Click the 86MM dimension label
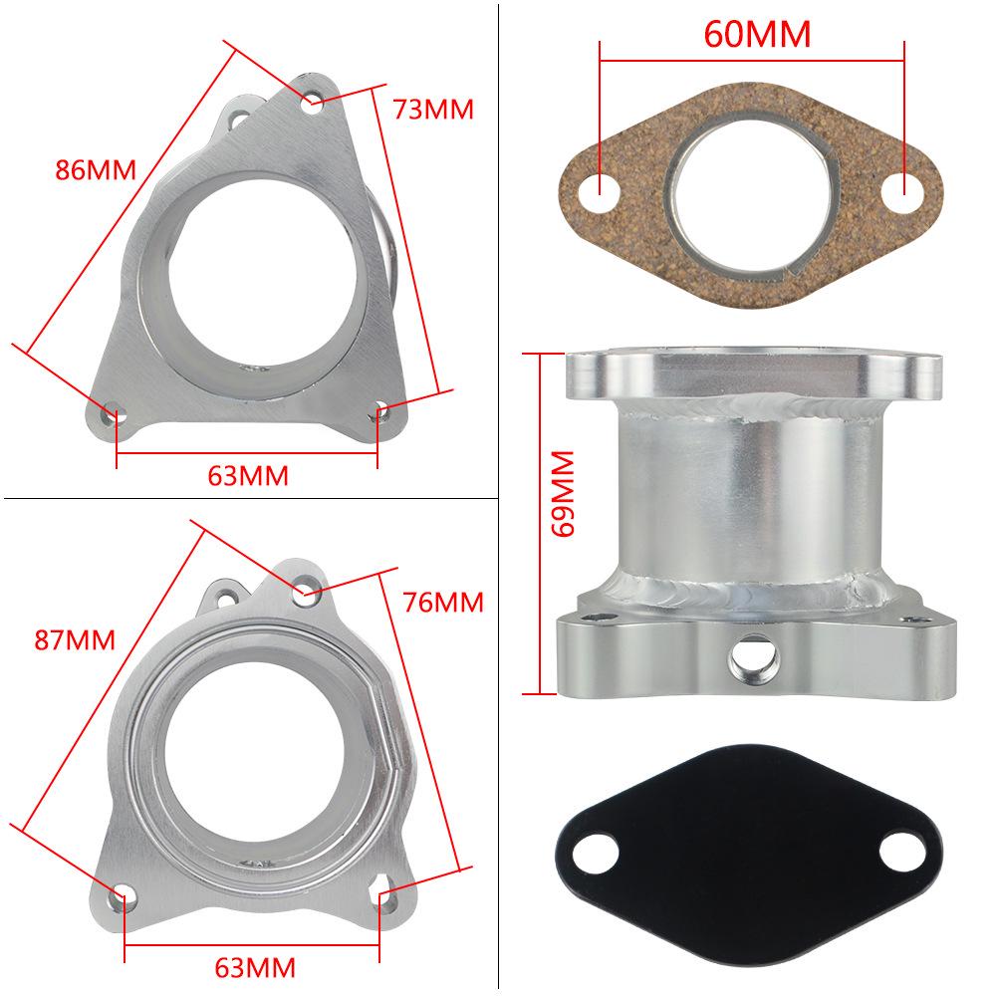pos(95,168)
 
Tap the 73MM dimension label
pos(433,109)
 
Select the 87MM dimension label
pos(75,639)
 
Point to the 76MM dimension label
pos(443,602)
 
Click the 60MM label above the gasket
pos(757,34)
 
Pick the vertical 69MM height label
pos(565,494)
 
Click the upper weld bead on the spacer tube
pos(752,403)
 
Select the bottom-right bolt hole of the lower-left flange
pos(382,892)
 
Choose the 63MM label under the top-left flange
pos(248,476)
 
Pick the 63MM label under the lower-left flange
pos(255,966)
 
